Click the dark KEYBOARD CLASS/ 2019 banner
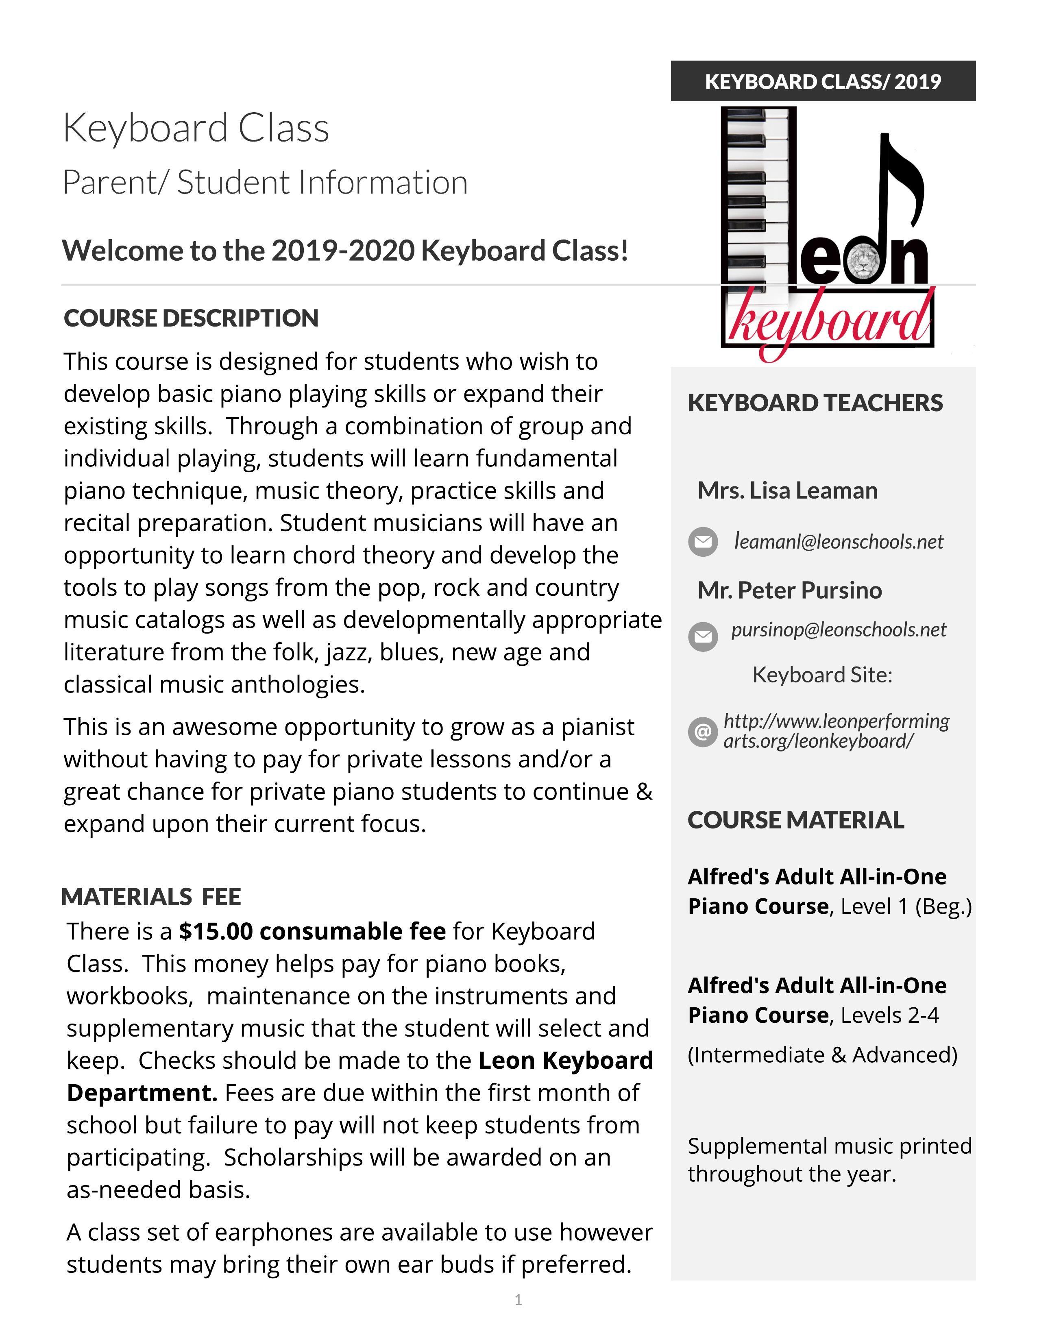click(823, 81)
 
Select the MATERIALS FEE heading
click(151, 897)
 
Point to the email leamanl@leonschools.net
click(839, 541)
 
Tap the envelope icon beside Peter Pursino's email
click(703, 636)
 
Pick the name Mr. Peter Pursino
click(789, 590)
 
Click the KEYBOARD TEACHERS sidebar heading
click(815, 403)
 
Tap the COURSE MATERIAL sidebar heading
click(795, 820)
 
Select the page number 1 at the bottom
click(518, 1300)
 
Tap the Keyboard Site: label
click(822, 675)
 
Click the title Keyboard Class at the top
click(196, 128)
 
